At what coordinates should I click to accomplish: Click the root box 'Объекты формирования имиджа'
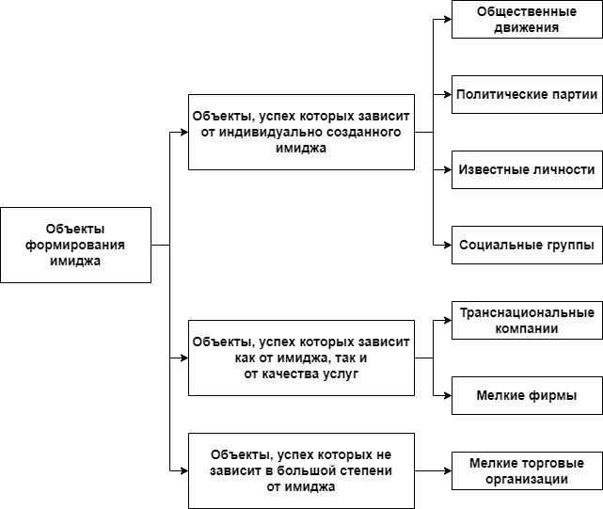point(75,245)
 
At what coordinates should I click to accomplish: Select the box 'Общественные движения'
point(527,19)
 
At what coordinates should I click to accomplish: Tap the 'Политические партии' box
point(527,94)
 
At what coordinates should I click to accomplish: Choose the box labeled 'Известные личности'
point(527,170)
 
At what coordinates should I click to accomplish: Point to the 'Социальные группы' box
point(527,245)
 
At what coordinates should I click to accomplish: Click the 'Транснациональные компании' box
point(527,320)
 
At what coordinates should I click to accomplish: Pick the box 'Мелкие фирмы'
point(527,395)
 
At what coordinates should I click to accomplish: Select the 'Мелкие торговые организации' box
point(527,470)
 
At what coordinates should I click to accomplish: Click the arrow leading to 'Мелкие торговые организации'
point(433,470)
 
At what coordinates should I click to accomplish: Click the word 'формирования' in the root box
point(75,245)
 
